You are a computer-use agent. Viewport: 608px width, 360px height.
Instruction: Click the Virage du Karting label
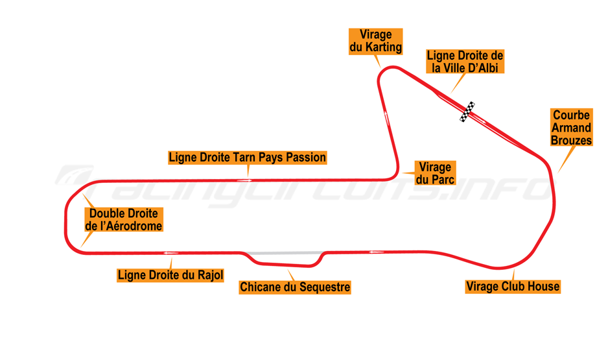pyautogui.click(x=375, y=41)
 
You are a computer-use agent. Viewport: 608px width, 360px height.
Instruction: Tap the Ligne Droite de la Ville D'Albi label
pyautogui.click(x=465, y=61)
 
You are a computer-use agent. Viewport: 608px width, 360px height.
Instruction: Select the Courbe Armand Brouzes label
pyautogui.click(x=571, y=127)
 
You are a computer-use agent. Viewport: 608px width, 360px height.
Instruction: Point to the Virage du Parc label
pyautogui.click(x=435, y=173)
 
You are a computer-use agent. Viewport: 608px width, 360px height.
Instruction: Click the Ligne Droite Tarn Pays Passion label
pyautogui.click(x=247, y=157)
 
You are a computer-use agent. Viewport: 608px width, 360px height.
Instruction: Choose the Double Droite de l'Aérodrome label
pyautogui.click(x=123, y=220)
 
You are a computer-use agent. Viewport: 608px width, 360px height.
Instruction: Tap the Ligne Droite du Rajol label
pyautogui.click(x=170, y=275)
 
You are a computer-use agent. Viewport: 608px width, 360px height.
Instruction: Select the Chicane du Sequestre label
pyautogui.click(x=295, y=287)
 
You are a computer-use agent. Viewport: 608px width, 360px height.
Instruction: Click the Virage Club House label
pyautogui.click(x=512, y=286)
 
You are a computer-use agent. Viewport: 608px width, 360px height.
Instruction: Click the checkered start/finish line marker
pyautogui.click(x=467, y=112)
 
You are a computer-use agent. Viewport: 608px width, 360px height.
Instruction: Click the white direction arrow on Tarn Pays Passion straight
pyautogui.click(x=244, y=180)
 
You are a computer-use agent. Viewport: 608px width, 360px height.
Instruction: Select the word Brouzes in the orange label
pyautogui.click(x=571, y=139)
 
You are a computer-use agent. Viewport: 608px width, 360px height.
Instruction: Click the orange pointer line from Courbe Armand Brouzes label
pyautogui.click(x=567, y=158)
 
